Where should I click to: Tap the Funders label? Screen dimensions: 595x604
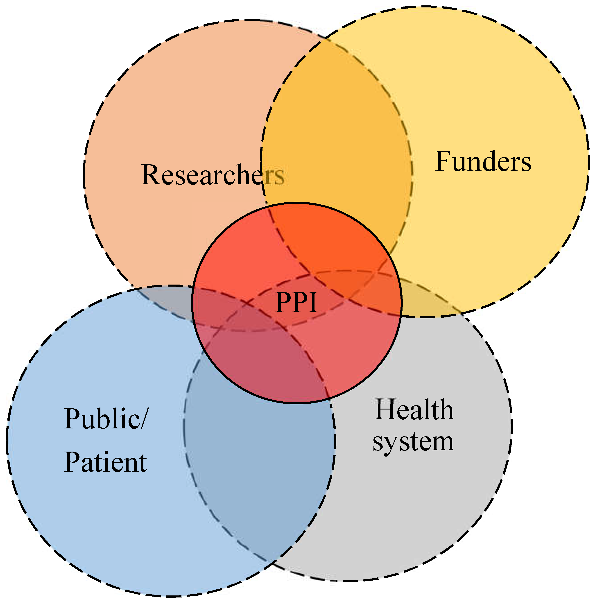[x=483, y=162]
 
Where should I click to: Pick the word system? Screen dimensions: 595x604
[x=413, y=442]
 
